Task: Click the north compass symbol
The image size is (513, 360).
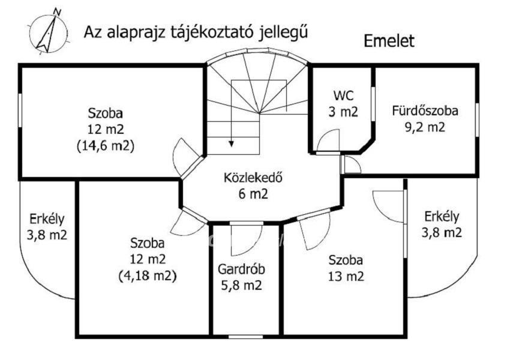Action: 46,31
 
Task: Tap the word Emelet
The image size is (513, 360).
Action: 389,41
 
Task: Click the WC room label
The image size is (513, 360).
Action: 344,95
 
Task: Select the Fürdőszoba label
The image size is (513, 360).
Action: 425,111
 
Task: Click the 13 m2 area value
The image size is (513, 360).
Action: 346,277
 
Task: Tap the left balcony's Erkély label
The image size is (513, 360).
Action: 47,219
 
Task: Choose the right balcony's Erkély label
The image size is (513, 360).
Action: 442,217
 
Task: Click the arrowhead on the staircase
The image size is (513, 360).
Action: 232,143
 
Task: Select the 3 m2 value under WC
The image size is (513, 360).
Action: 344,111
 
